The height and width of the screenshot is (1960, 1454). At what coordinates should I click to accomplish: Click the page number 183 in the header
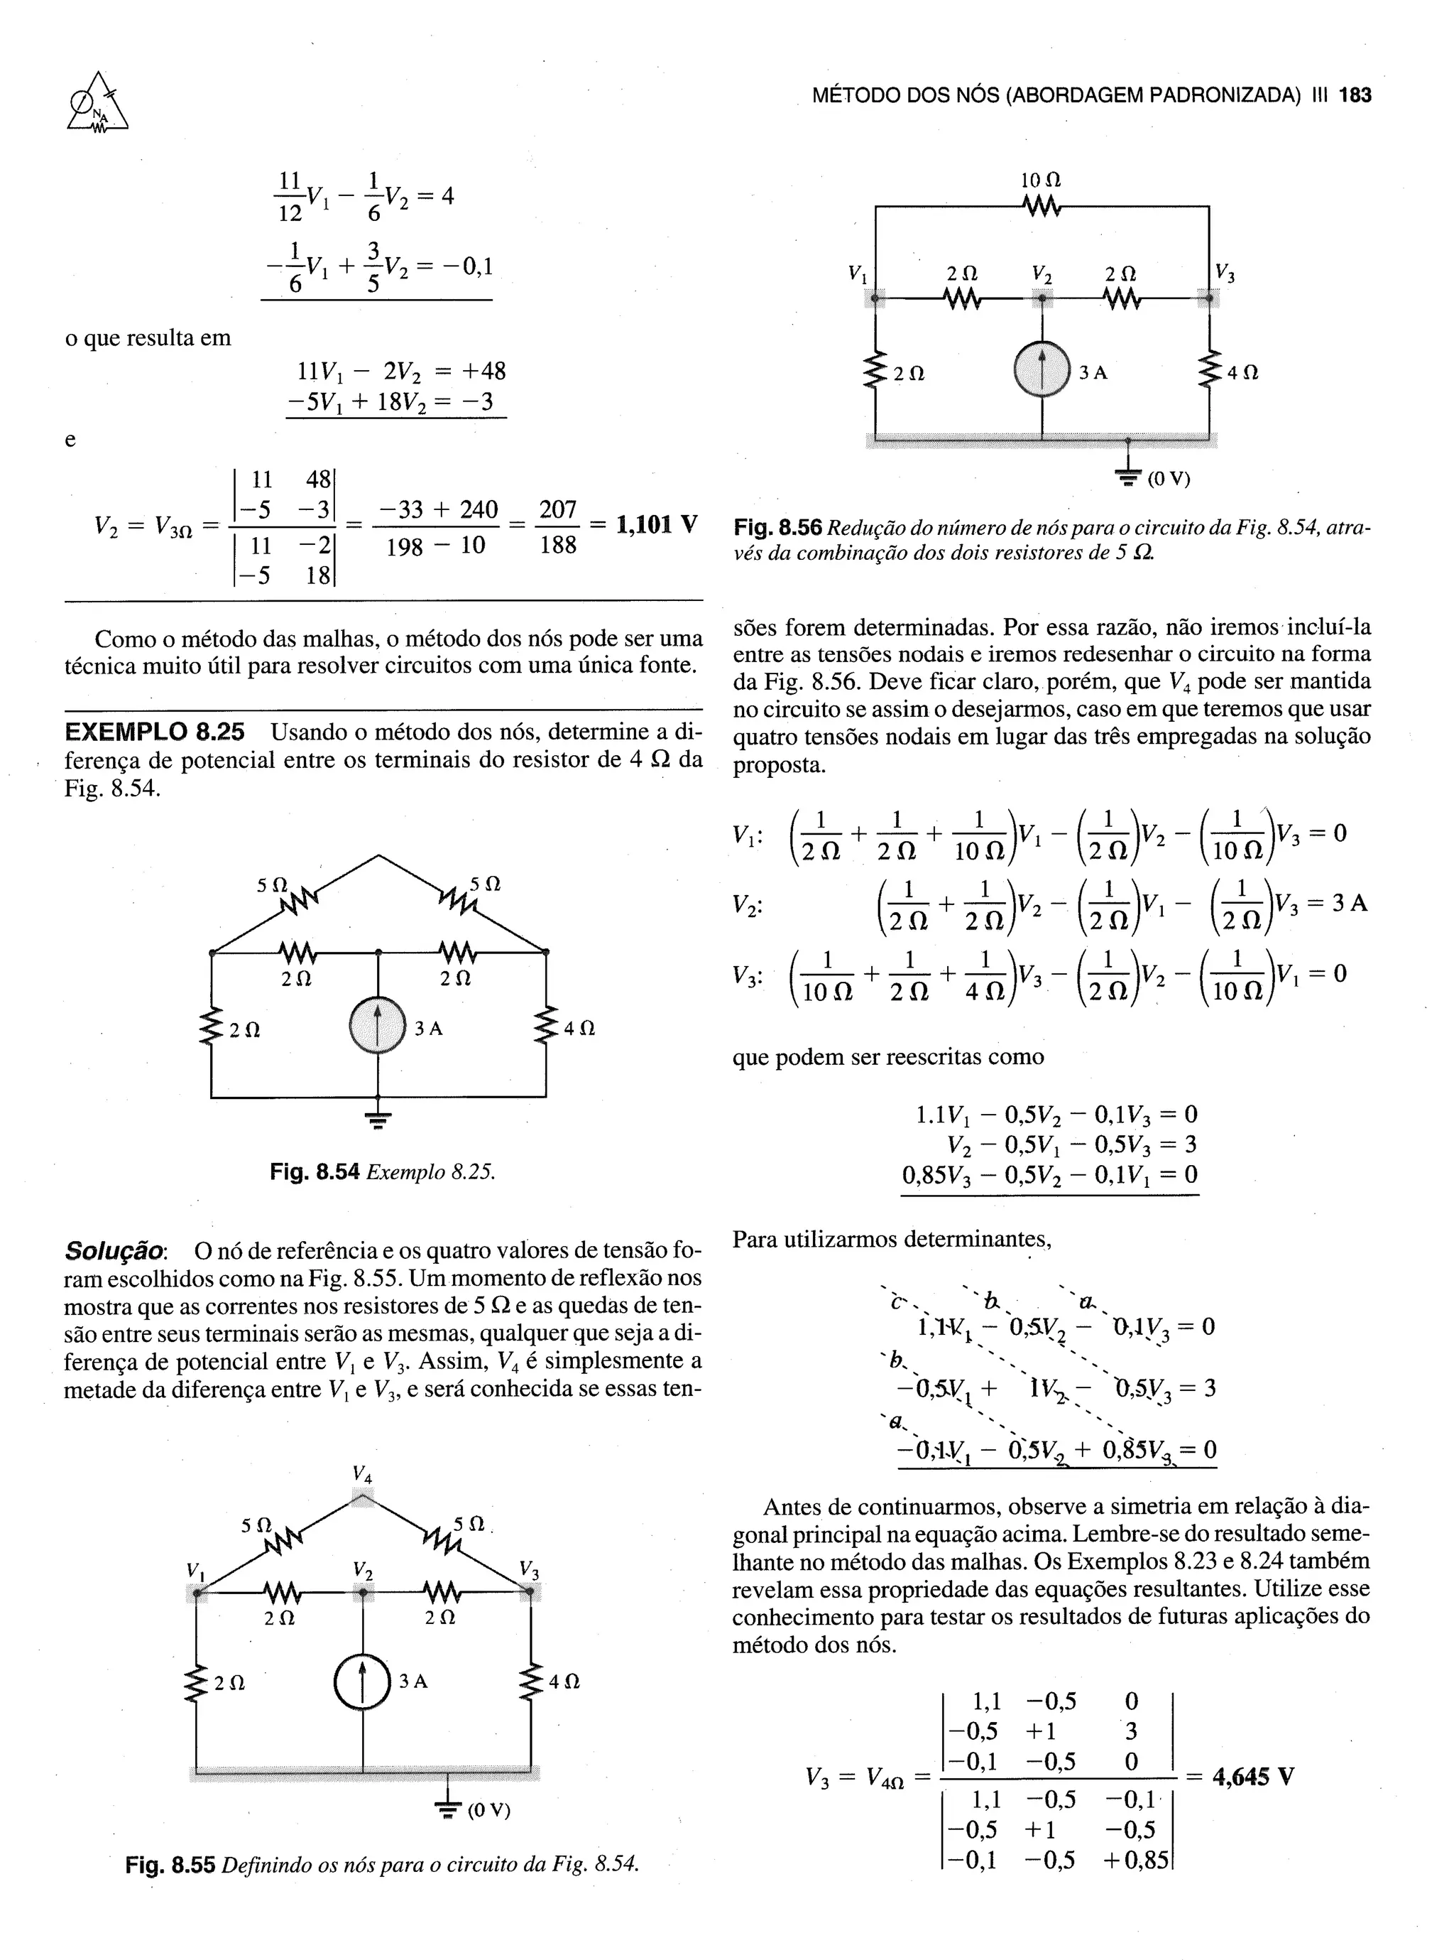[x=1355, y=96]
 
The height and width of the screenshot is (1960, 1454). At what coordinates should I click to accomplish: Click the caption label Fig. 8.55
[x=170, y=1864]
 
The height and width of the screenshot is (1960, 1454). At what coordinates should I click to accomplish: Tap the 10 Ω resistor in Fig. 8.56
[x=1042, y=209]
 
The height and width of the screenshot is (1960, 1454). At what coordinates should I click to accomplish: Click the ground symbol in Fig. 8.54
[x=378, y=1119]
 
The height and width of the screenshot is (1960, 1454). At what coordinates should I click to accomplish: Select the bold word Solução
[x=114, y=1251]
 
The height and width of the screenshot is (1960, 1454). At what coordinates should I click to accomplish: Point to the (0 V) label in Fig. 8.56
[x=1168, y=479]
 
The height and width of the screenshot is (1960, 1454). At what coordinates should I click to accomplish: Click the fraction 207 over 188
[x=558, y=526]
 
